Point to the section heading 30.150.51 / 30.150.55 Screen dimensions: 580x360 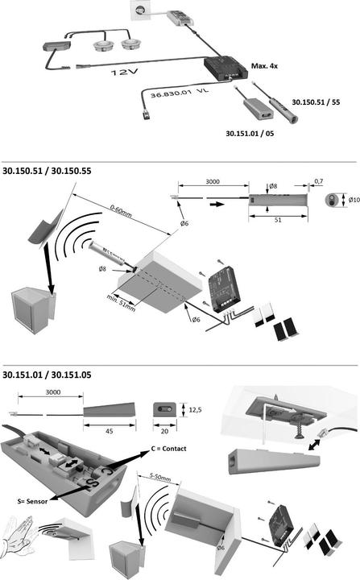47,172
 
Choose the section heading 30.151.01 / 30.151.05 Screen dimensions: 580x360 47,375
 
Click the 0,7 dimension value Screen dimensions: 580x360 318,181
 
